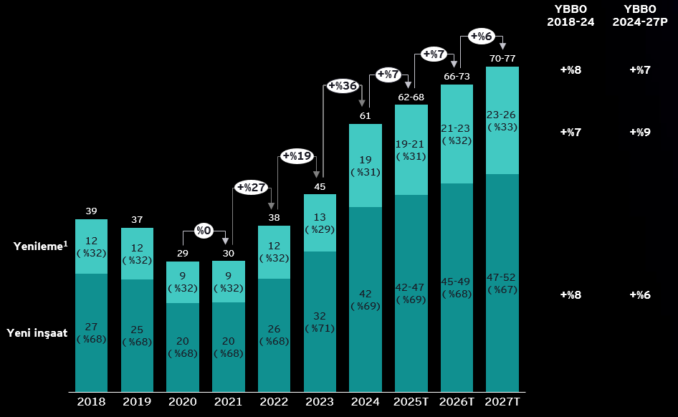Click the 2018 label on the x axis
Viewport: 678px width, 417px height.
(x=91, y=401)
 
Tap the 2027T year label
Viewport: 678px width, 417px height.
(x=502, y=401)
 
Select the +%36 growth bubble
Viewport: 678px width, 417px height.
(x=343, y=86)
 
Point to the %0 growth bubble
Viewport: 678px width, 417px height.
(x=204, y=231)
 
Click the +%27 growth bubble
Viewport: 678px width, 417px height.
(x=251, y=188)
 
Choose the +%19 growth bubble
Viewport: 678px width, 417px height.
(x=297, y=155)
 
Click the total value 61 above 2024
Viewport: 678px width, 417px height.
(x=365, y=115)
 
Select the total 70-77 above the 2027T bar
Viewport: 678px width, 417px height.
(x=502, y=58)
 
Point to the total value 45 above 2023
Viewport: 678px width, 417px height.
(x=320, y=187)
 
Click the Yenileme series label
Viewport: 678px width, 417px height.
(x=40, y=246)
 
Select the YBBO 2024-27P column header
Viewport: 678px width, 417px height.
(x=639, y=15)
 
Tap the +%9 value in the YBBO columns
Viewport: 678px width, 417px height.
(x=639, y=133)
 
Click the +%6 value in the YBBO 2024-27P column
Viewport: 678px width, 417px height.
(x=639, y=294)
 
